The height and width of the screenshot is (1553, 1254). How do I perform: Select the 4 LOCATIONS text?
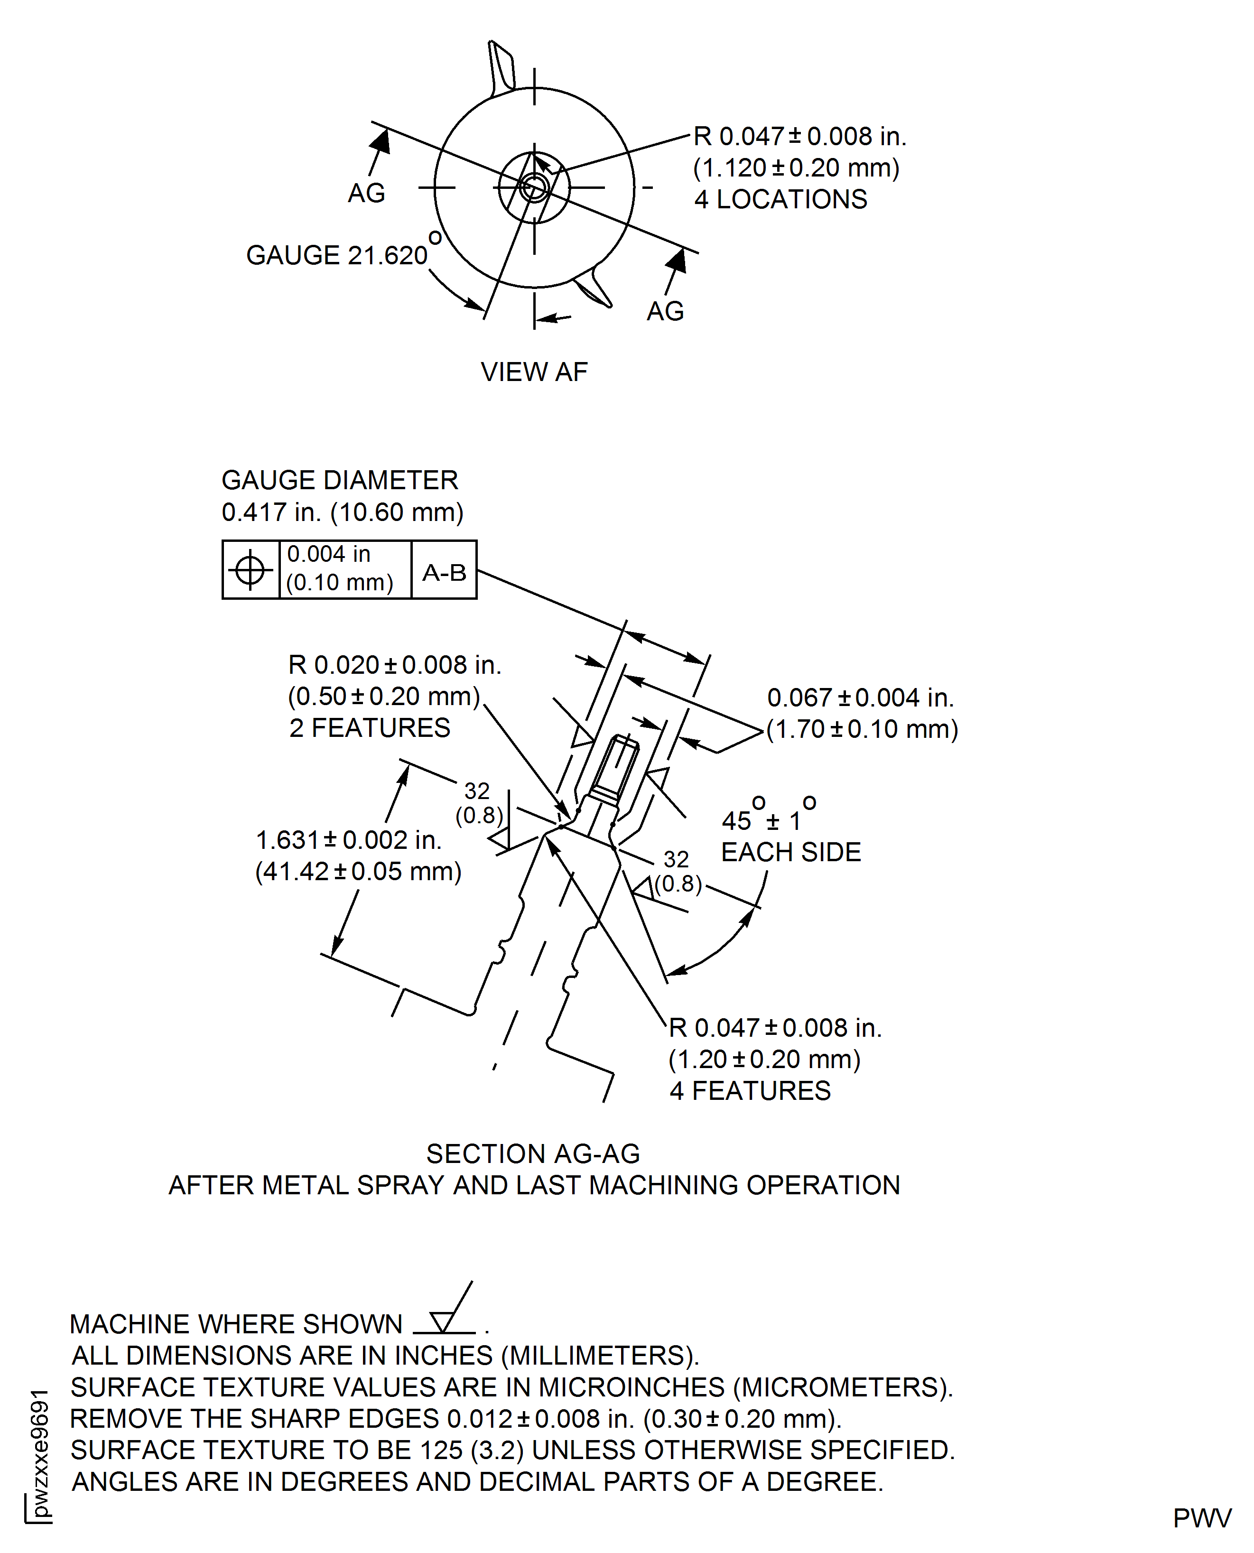780,199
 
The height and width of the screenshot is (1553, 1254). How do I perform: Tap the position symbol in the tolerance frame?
250,570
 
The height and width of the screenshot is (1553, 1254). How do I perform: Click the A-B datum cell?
444,573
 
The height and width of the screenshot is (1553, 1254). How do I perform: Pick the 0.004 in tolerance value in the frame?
329,554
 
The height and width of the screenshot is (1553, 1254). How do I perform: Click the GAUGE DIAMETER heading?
340,480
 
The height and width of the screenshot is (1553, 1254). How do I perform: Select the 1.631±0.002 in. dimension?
348,840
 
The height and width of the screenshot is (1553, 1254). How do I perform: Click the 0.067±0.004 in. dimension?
860,698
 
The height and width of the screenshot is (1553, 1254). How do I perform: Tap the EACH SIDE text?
791,852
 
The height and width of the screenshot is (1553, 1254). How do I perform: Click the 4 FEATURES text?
750,1091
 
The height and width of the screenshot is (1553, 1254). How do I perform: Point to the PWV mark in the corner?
1202,1518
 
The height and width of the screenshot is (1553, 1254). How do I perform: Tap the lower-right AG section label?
665,311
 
